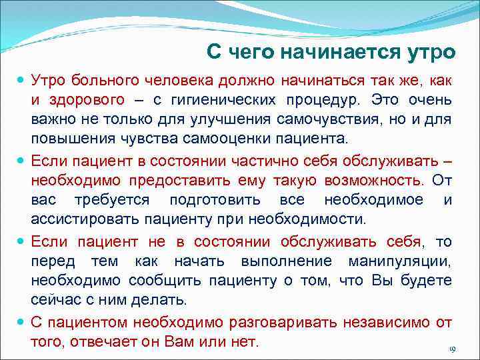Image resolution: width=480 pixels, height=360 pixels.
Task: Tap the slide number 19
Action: pyautogui.click(x=451, y=349)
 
